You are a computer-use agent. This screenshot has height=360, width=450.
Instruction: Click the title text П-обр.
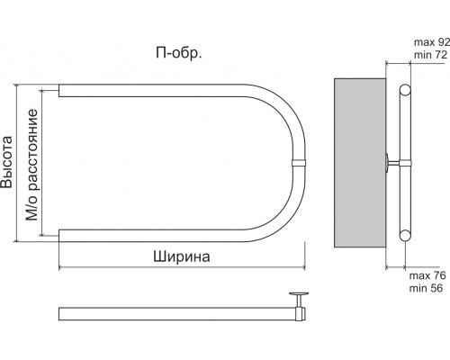(x=179, y=53)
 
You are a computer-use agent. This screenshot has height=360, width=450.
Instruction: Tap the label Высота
(x=6, y=162)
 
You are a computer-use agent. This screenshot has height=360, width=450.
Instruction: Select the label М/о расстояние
(x=31, y=165)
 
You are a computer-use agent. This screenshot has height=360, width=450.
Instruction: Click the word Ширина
(x=182, y=256)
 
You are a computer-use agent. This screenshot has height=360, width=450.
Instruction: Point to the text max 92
(x=432, y=42)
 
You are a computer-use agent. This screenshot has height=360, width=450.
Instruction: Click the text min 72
(x=430, y=55)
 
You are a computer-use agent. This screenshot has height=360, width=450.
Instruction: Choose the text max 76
(x=427, y=275)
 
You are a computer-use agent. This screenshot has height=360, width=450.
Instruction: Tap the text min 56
(x=426, y=288)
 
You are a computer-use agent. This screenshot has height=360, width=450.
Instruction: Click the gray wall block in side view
(x=360, y=163)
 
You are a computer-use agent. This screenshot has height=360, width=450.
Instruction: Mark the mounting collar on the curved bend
(x=299, y=163)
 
